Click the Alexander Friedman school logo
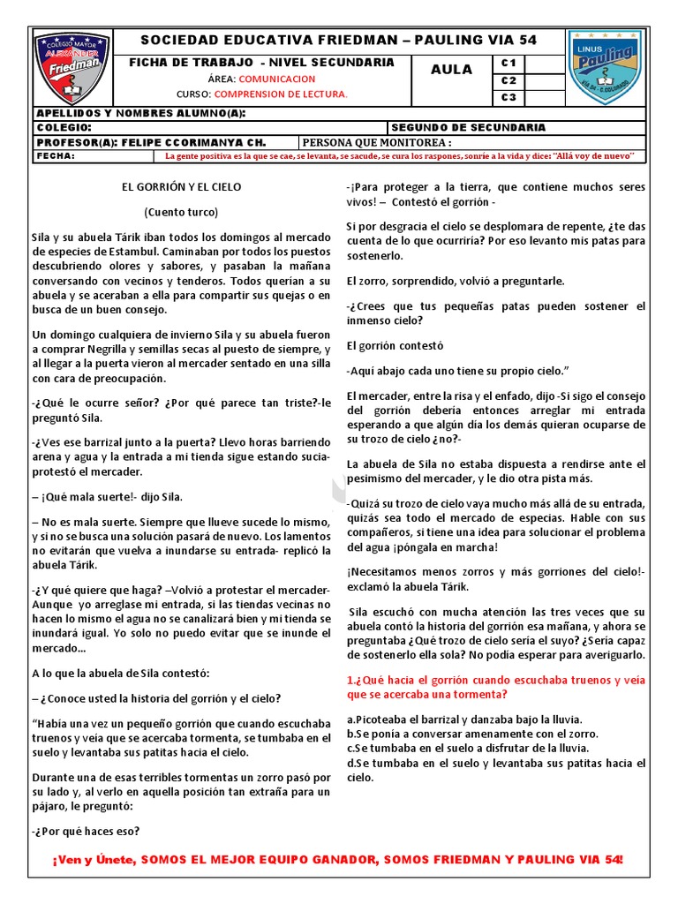click(x=72, y=68)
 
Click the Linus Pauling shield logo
click(x=605, y=67)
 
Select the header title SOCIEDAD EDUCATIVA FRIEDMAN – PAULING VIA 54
click(x=339, y=41)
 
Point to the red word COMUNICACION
click(x=277, y=79)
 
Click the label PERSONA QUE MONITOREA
click(x=377, y=142)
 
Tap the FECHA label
click(x=55, y=156)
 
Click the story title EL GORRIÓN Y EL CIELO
click(x=181, y=187)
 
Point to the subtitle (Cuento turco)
click(x=181, y=212)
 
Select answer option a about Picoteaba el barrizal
click(x=463, y=719)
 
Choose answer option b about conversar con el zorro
click(x=472, y=734)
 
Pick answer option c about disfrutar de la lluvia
click(x=467, y=748)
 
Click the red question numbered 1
click(x=495, y=688)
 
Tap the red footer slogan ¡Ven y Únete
click(x=338, y=860)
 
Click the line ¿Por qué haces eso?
click(x=87, y=831)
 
